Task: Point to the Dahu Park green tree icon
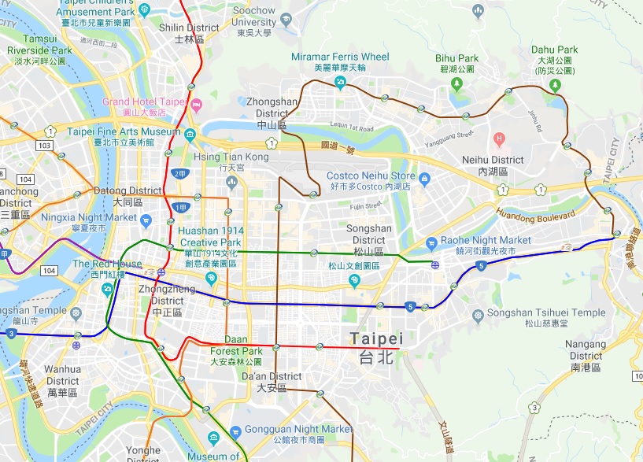click(555, 84)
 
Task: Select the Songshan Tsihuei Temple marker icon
click(477, 316)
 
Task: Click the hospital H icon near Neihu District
click(498, 139)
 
